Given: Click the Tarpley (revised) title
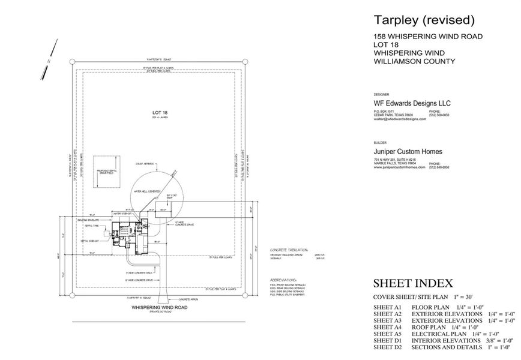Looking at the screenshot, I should click(x=424, y=20).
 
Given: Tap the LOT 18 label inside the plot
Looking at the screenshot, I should click(x=159, y=112).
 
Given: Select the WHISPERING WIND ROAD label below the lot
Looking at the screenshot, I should click(x=160, y=307).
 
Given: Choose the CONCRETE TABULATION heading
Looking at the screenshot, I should click(x=288, y=248).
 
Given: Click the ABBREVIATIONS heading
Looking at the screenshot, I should click(x=284, y=280).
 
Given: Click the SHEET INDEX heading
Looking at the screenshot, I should click(x=413, y=283).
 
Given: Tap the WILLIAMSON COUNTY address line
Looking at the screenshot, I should click(x=414, y=61).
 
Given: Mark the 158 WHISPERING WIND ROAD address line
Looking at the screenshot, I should click(x=428, y=37).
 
